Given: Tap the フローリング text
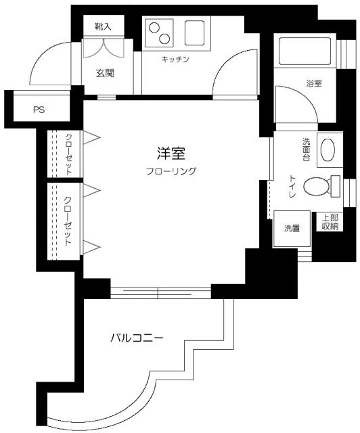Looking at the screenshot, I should (171, 171).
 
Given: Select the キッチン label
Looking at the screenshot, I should (175, 60).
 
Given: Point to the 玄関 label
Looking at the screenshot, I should (104, 73).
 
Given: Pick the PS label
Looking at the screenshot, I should (39, 110).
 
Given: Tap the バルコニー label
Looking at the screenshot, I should (137, 336).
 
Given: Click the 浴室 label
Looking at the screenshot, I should (313, 83).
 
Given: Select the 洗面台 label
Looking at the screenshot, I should (306, 149).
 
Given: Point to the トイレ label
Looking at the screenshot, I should (292, 185).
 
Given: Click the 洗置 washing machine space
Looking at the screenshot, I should (292, 228).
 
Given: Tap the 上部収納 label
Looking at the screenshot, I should (330, 223).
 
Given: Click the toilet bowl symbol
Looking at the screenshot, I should (317, 185).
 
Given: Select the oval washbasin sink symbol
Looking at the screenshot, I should (327, 150).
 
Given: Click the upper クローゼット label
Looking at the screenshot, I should (69, 154).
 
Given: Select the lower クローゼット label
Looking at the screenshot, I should (68, 220).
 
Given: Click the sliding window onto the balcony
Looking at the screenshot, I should (161, 292).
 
